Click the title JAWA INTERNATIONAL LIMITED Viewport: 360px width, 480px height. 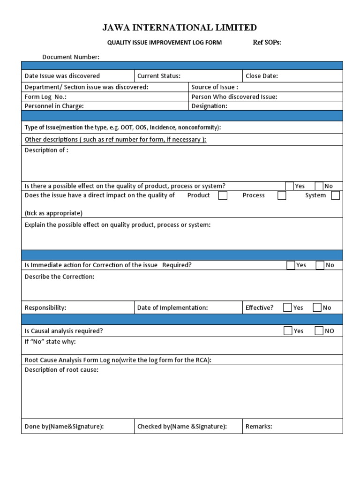tap(180, 28)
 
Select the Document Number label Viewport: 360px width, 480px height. tap(71, 57)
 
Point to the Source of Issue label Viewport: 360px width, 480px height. tap(215, 87)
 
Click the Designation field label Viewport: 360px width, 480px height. tap(209, 106)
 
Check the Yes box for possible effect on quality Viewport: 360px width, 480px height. tap(289, 186)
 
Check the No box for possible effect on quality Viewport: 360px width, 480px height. tap(319, 186)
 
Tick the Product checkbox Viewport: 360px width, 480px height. tap(223, 195)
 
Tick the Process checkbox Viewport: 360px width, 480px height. tap(281, 195)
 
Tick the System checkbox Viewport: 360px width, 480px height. tap(335, 195)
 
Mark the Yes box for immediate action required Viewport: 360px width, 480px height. tap(291, 265)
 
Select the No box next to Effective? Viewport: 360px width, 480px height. tap(317, 308)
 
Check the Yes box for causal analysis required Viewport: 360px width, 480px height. tap(288, 331)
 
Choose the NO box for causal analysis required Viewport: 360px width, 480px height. tap(319, 331)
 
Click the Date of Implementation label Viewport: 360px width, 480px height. tap(172, 308)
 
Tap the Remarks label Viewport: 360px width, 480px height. tap(259, 427)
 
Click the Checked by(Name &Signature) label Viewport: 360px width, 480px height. tap(182, 427)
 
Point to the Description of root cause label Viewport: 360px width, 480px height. tap(61, 370)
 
